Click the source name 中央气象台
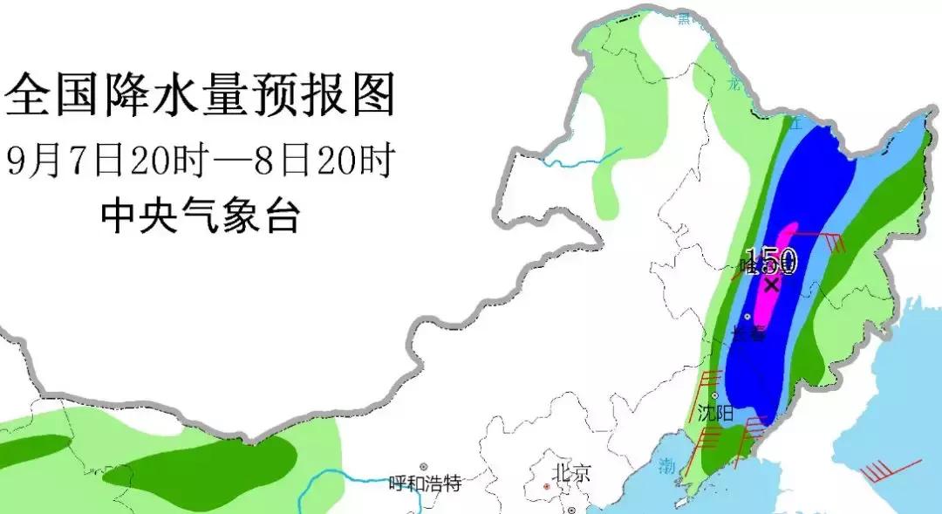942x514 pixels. (200, 215)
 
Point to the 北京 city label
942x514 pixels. (571, 475)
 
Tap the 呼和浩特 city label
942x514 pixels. (424, 483)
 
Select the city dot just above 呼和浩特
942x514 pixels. (424, 468)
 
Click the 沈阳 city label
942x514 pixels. (715, 413)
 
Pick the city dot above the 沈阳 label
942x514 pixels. (716, 397)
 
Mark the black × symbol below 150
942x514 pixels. (771, 284)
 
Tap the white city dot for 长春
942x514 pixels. (747, 316)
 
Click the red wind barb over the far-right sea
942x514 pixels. (889, 471)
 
